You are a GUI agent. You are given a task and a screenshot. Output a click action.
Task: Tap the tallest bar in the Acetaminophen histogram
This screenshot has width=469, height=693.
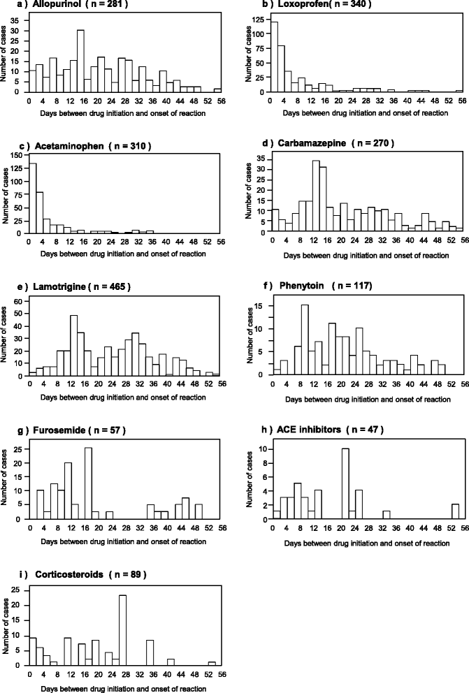[x=32, y=196]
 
